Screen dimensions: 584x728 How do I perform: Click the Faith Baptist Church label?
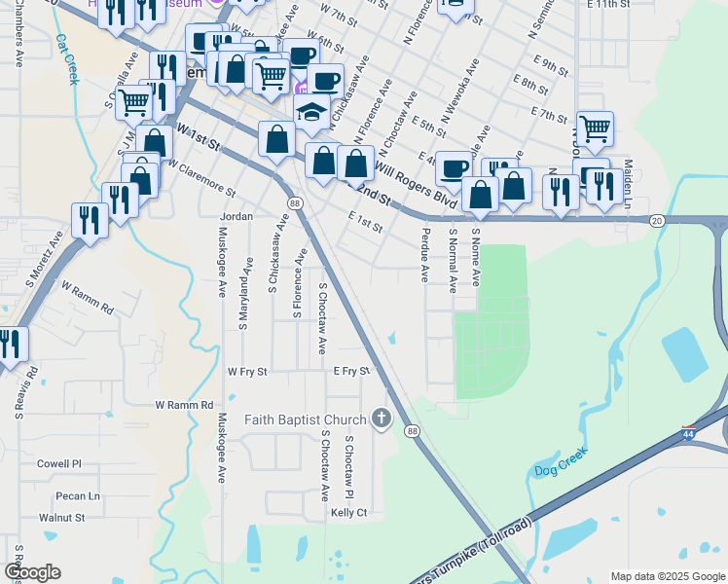point(305,420)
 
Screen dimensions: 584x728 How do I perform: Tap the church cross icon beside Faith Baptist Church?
point(381,420)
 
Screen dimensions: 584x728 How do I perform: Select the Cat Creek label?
point(66,60)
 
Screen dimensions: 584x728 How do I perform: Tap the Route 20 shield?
point(657,221)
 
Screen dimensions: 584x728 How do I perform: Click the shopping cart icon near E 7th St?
point(594,128)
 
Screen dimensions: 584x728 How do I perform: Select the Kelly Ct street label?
point(348,512)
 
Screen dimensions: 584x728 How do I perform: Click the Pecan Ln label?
point(78,495)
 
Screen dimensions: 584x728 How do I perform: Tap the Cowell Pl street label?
point(59,464)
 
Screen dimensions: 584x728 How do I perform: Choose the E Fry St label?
point(351,371)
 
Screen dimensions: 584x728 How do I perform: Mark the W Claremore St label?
point(200,177)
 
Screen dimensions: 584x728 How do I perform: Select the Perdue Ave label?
point(425,255)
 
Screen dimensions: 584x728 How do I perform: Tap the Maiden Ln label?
point(628,185)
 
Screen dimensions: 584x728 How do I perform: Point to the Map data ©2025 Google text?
point(667,576)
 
